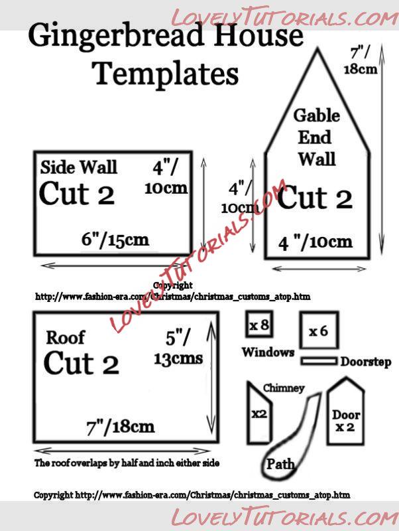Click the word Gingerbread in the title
[116, 37]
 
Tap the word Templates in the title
[165, 74]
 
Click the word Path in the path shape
[280, 464]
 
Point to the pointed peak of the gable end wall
[317, 49]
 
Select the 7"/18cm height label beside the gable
[361, 61]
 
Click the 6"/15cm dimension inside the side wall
[115, 240]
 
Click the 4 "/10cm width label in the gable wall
[315, 242]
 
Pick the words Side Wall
[79, 167]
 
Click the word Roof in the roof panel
[65, 338]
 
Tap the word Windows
[268, 352]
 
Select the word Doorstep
[366, 362]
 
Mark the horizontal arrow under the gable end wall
[319, 269]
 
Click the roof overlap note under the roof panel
[127, 463]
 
